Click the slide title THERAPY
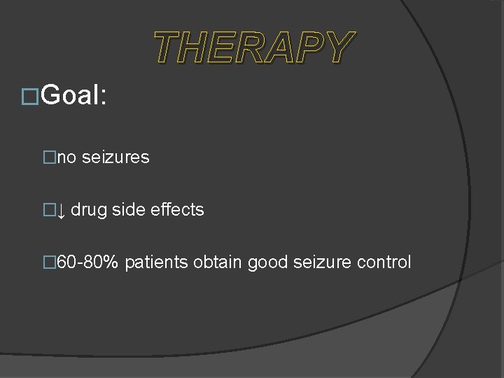coord(254,48)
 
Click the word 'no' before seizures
coord(67,157)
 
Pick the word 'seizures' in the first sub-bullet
coord(115,157)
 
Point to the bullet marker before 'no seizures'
coord(49,157)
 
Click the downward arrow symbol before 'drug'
coord(61,210)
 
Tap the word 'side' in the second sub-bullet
coord(123,210)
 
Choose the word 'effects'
coord(174,210)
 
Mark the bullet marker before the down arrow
coord(49,210)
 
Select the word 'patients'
coord(157,262)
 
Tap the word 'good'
coord(268,262)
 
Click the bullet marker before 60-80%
coord(49,262)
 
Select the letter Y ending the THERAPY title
coord(339,48)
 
